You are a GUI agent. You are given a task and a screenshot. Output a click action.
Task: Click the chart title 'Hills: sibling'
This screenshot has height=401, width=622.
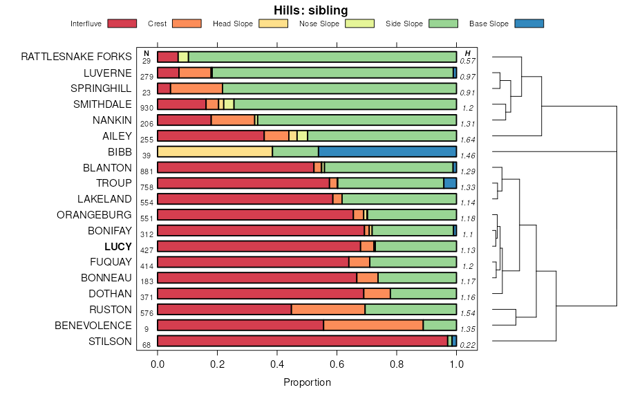310,10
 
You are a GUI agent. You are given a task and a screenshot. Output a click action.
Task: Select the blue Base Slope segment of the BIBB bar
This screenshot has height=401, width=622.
387,151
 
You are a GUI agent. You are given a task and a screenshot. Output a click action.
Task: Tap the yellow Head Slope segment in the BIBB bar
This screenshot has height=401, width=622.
214,151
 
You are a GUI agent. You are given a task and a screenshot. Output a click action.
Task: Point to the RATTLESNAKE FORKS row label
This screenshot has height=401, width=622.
76,57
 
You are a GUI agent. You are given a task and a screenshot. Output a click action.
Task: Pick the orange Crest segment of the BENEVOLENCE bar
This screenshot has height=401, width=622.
373,325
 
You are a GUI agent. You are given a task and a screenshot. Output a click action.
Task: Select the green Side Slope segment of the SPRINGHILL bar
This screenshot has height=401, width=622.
339,88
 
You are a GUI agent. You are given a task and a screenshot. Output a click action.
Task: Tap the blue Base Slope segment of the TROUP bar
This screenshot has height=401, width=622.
450,183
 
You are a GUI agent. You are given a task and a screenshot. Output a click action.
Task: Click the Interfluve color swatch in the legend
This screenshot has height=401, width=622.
122,24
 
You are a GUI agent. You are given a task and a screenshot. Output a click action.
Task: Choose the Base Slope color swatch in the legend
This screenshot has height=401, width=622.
529,24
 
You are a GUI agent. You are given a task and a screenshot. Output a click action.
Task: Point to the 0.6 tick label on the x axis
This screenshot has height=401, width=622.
337,364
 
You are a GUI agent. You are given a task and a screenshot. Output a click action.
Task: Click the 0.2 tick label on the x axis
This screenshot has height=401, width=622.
217,364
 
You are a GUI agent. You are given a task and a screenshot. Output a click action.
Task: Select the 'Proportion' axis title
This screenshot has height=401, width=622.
307,382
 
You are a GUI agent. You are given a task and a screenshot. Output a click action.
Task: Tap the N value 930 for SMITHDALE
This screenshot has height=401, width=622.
147,108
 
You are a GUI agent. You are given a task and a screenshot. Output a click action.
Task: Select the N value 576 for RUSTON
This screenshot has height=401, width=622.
147,313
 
